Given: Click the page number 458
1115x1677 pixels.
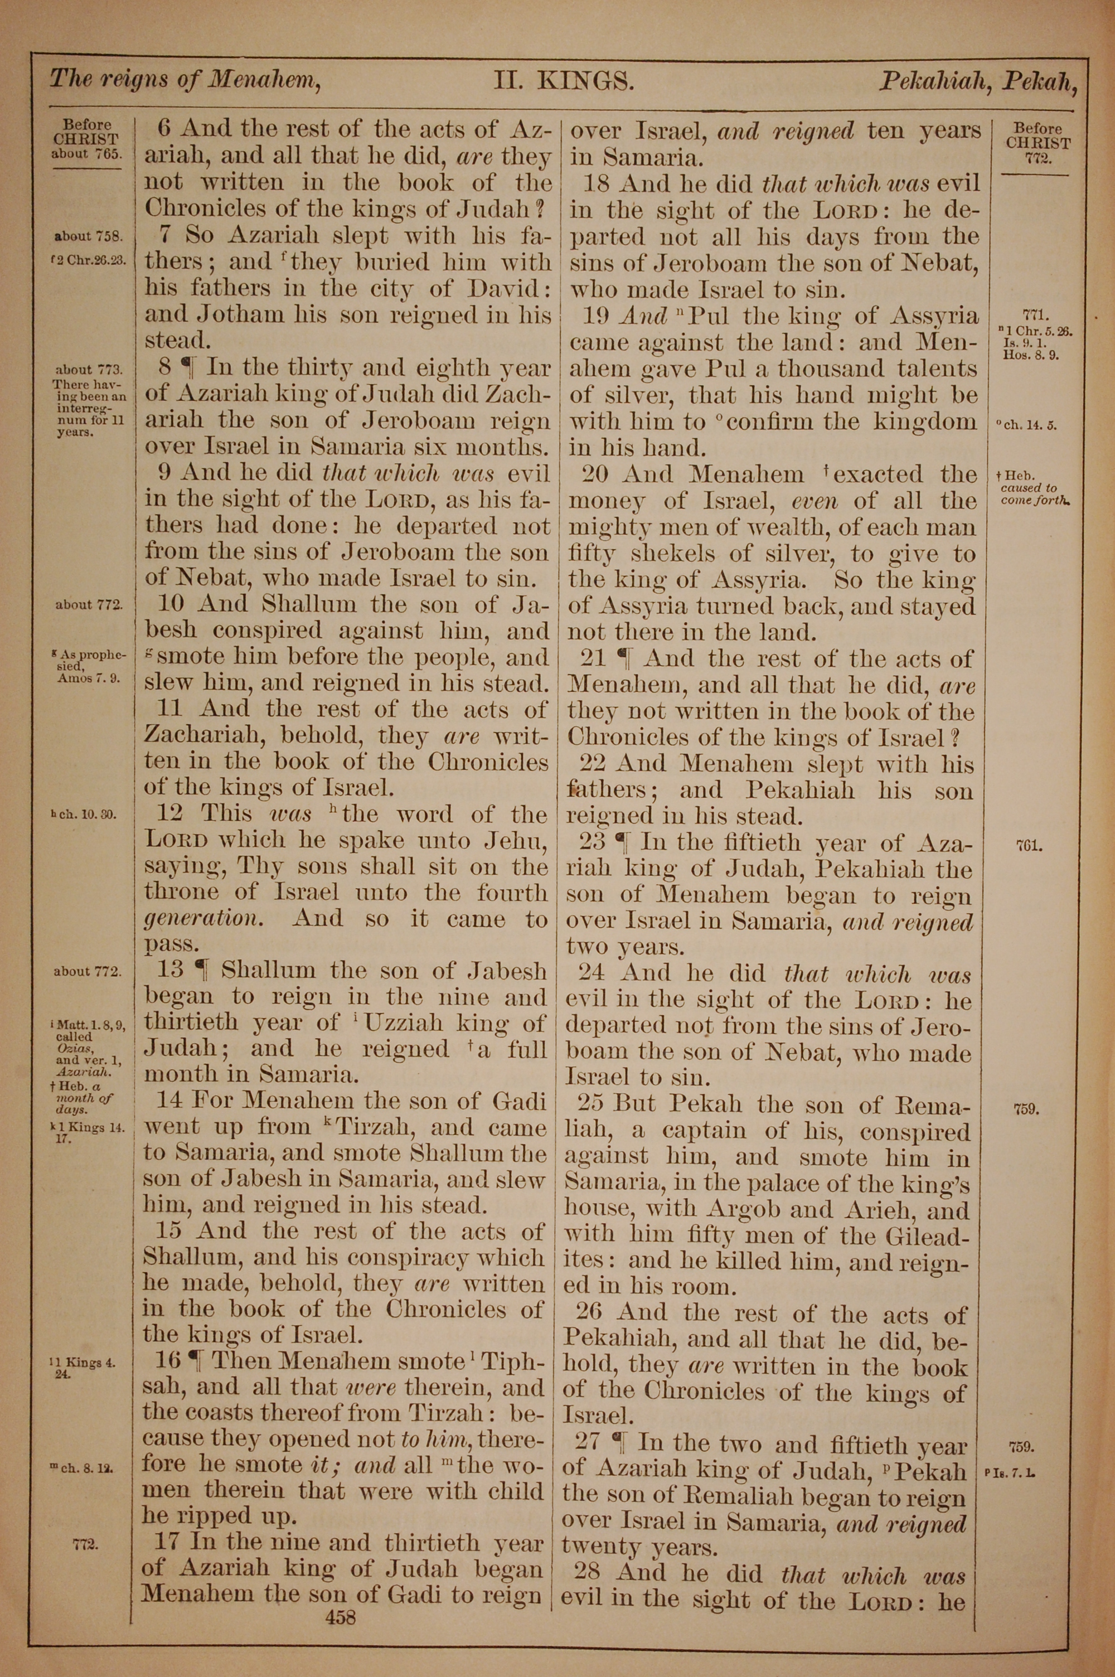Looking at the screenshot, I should point(340,1598).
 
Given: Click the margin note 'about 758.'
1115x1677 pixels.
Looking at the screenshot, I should point(90,237).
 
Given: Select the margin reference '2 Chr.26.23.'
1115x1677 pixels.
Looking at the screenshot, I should point(90,260).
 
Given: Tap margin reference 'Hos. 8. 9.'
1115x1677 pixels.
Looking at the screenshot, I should point(1030,355).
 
